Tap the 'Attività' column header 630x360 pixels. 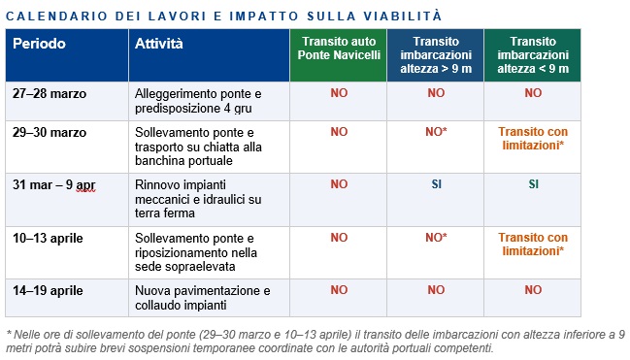point(159,45)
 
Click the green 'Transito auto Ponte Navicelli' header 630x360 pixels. point(338,55)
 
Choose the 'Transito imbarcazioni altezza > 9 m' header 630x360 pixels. point(436,55)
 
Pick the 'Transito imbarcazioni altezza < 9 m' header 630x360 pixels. point(532,55)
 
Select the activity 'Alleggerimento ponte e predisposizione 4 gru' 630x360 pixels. point(198,101)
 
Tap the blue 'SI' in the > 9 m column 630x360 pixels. point(436,183)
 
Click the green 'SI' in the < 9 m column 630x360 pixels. point(533,183)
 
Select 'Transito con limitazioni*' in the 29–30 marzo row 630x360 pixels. point(533,138)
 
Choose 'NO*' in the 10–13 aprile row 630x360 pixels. point(436,237)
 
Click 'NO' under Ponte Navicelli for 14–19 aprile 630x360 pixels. point(338,289)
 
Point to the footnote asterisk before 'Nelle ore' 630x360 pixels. point(8,335)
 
